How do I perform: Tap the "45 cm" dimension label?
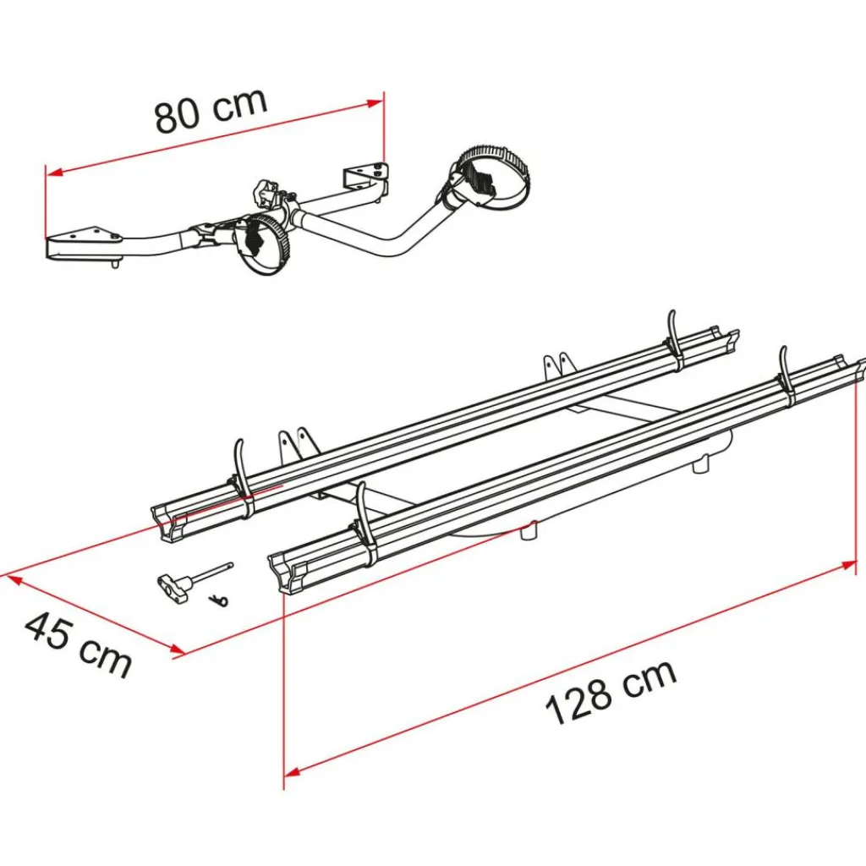click(78, 644)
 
